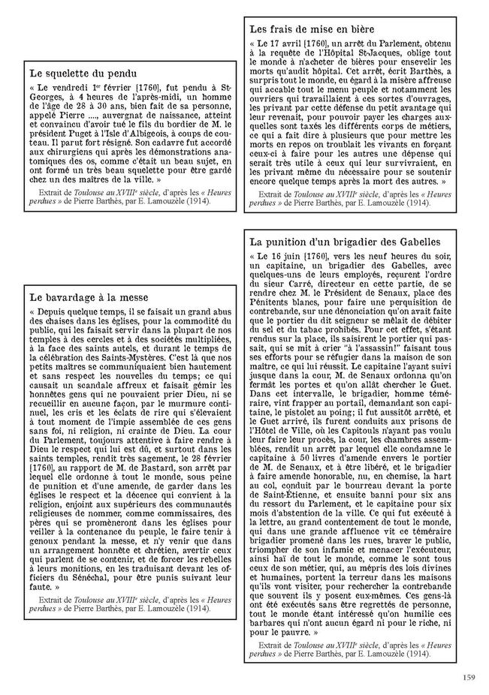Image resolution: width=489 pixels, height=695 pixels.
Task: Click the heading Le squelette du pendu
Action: click(x=83, y=74)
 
